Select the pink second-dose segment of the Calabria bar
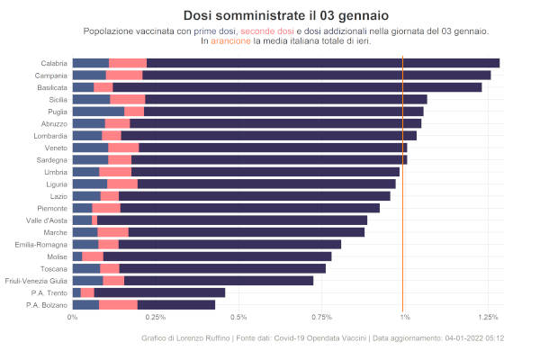coord(128,63)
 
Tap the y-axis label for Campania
coord(50,76)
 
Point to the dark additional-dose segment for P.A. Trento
coord(159,292)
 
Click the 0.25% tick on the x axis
coord(156,317)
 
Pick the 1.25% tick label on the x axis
coord(489,317)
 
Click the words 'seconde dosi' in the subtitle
coord(267,31)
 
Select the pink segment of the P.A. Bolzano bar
coord(118,305)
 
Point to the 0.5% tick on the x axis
coord(238,317)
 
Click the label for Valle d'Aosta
coord(46,220)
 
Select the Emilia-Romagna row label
coord(41,245)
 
